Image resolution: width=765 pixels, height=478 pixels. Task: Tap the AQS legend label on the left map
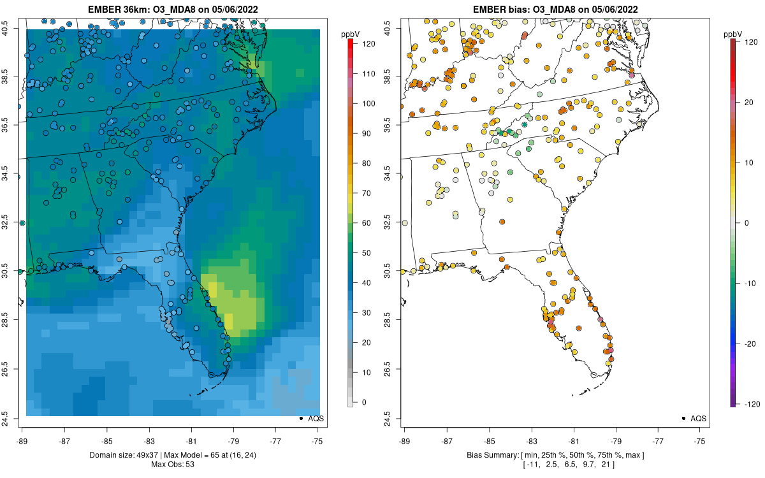[316, 419]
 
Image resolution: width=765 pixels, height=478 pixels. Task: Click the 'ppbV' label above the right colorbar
[733, 34]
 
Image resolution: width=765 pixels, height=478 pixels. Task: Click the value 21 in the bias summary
[604, 464]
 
